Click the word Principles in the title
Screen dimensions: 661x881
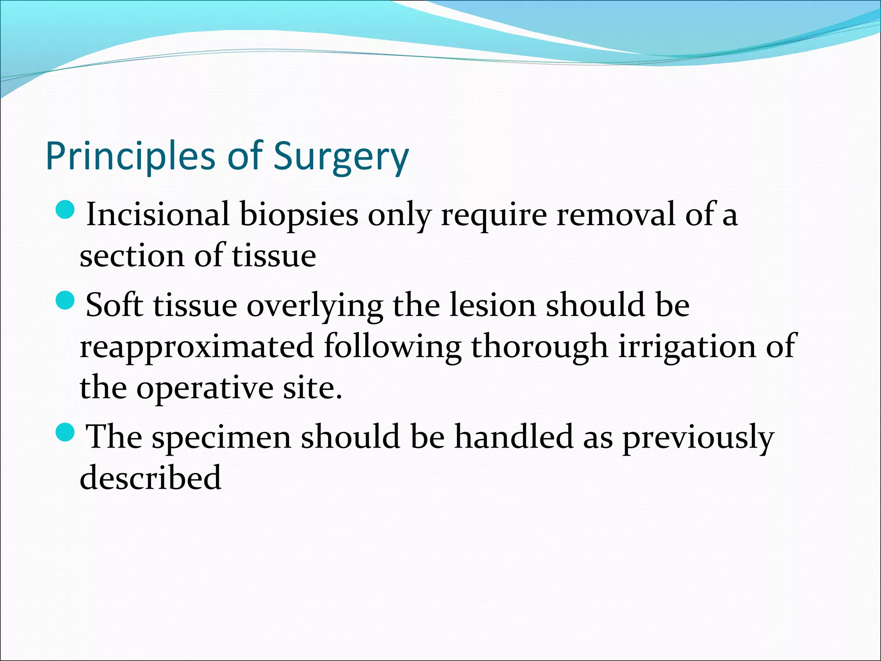point(130,157)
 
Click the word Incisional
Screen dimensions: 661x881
point(157,214)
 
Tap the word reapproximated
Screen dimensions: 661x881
point(197,347)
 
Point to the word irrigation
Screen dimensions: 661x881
point(687,347)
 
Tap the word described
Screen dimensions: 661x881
point(151,478)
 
